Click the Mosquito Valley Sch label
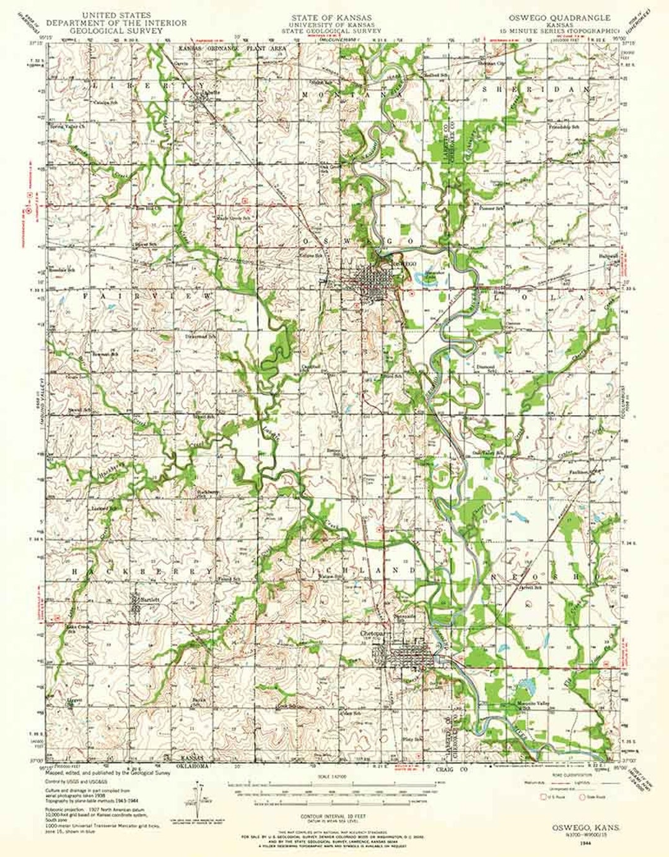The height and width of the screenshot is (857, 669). coord(533,705)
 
